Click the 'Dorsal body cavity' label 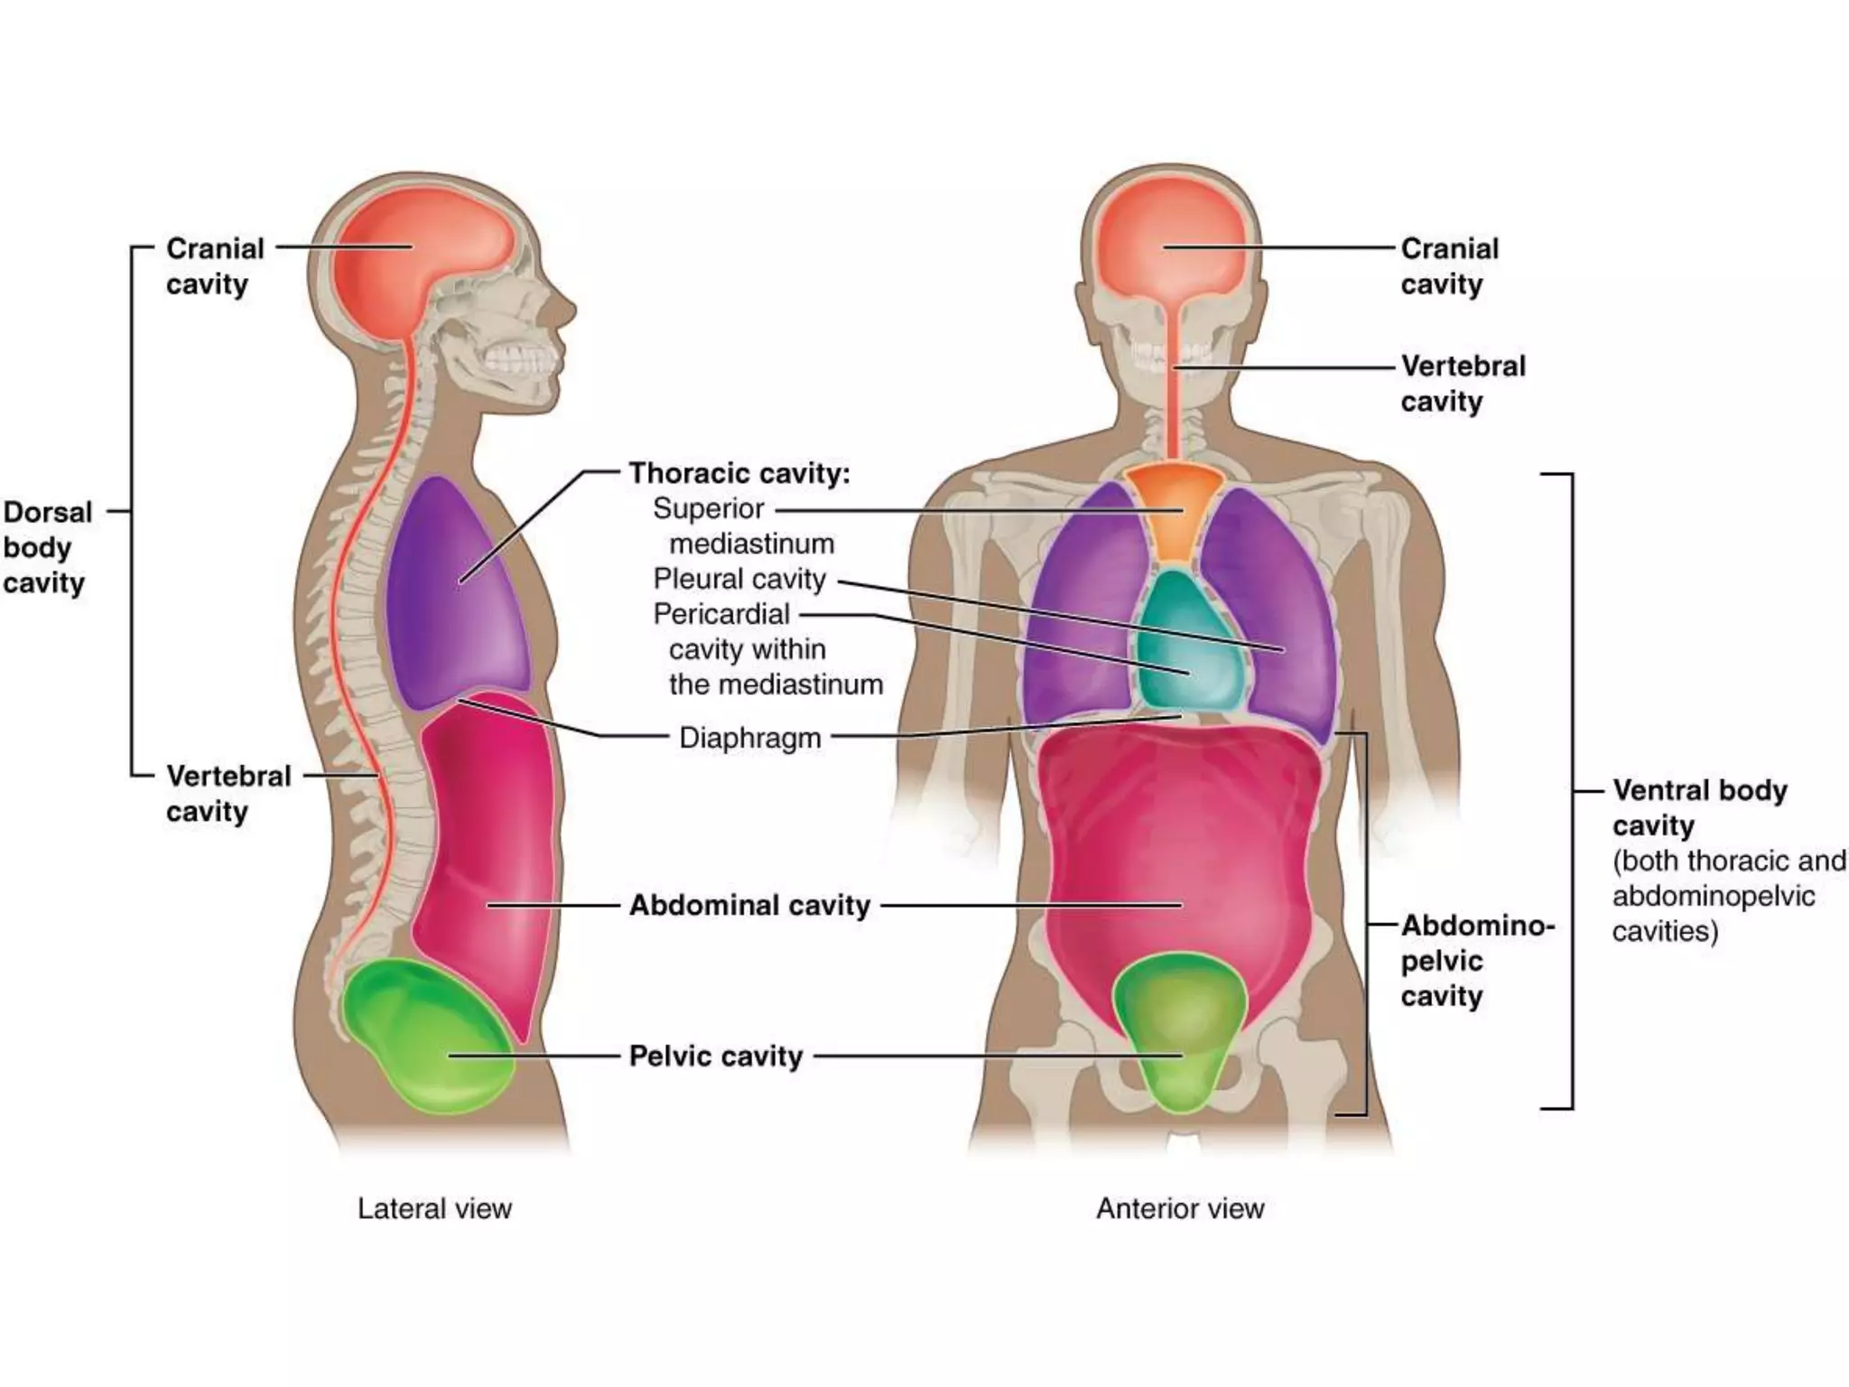click(x=47, y=547)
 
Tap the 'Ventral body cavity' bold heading click(x=1698, y=807)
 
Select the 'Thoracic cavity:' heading click(x=739, y=473)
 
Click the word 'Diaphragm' click(x=749, y=738)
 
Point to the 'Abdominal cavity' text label click(x=749, y=905)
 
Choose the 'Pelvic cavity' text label click(x=716, y=1056)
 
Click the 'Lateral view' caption click(x=434, y=1208)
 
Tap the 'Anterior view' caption click(x=1180, y=1208)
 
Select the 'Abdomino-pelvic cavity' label click(x=1476, y=961)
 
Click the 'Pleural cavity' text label click(x=739, y=579)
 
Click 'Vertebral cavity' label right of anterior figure click(x=1463, y=384)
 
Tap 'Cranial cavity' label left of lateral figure click(x=214, y=265)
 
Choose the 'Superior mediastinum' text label click(x=743, y=526)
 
